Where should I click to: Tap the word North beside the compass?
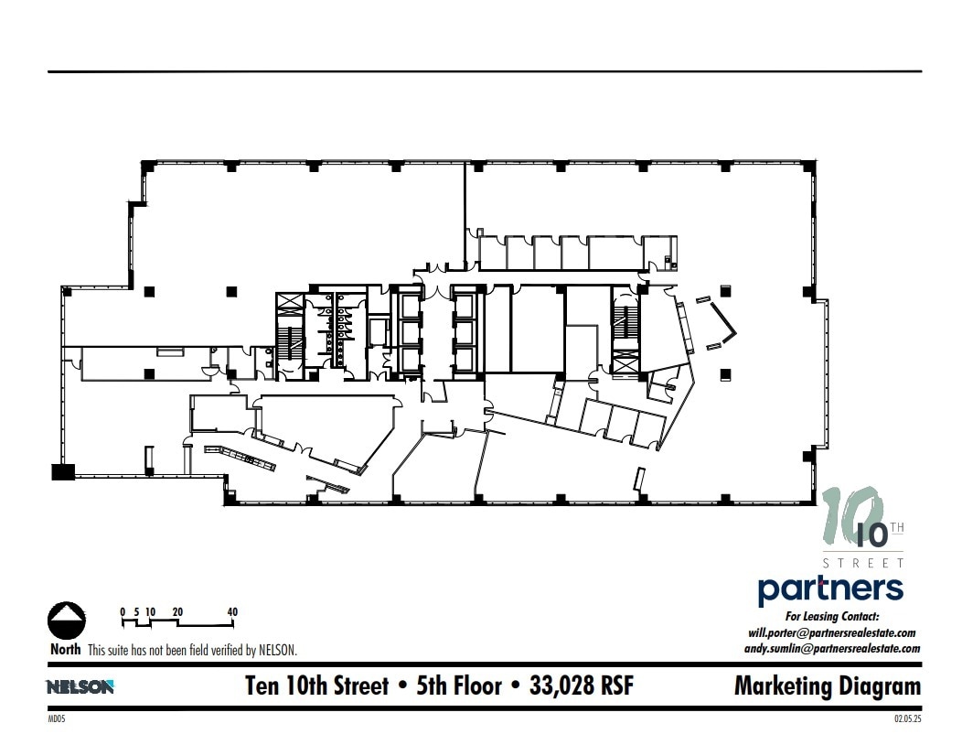pos(66,650)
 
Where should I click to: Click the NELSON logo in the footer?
pos(80,686)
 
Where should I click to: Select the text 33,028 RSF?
pos(582,686)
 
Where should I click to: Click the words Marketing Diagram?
pos(827,686)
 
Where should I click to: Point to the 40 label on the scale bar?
pos(232,611)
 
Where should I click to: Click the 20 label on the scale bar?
pos(177,611)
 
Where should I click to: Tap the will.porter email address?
pos(831,632)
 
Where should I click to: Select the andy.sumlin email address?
pos(831,648)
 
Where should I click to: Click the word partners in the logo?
pos(830,589)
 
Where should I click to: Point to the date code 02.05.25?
pos(907,719)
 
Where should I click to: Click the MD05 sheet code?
pos(57,719)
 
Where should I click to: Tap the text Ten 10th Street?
pos(316,686)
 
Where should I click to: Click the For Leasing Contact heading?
pos(831,617)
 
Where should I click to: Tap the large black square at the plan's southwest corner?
pos(62,471)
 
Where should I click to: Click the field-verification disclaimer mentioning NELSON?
pos(192,651)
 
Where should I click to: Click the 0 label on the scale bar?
pos(123,611)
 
